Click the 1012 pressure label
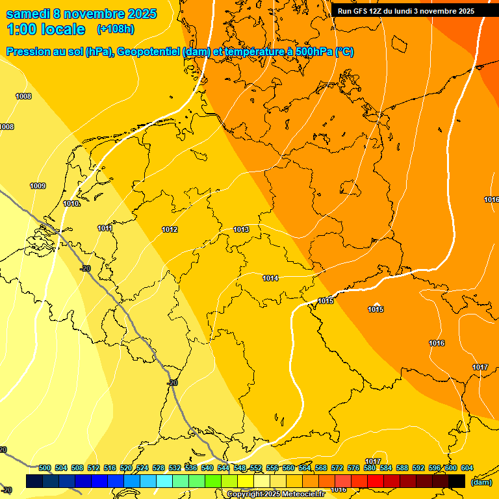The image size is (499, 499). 170,229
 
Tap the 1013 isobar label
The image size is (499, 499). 241,229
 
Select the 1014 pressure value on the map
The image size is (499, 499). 270,278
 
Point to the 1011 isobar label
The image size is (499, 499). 105,228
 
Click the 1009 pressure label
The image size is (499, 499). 38,186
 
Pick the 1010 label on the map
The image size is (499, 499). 71,203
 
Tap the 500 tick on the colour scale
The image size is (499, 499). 45,468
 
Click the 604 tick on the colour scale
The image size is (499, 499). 467,468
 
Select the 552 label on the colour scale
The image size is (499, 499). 256,468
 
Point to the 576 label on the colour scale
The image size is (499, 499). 353,468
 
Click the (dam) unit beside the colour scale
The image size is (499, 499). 481,481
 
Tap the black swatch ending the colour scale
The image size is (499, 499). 457,481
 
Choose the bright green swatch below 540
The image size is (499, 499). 213,481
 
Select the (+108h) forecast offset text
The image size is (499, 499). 115,29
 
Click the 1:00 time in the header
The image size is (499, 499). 21,29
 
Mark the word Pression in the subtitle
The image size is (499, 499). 26,52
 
